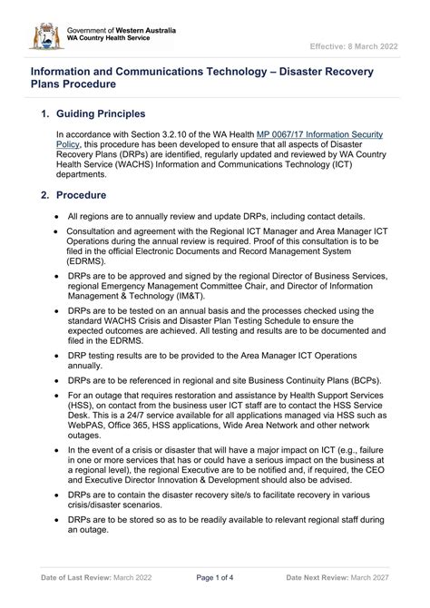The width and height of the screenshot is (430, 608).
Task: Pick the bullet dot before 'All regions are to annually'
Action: (x=57, y=217)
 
